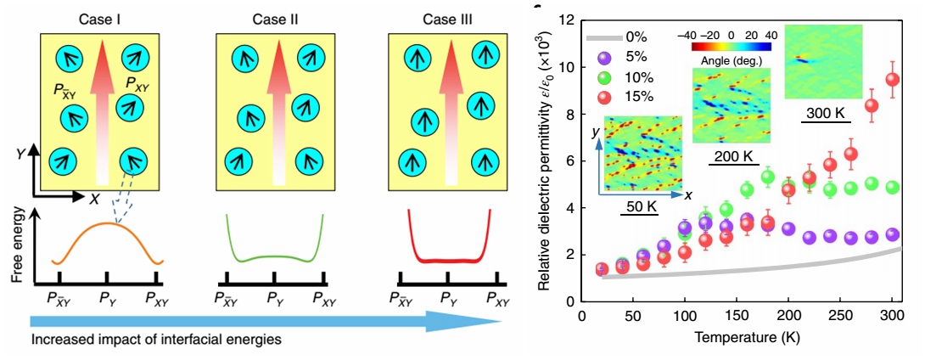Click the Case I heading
click(x=99, y=18)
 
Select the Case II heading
click(x=273, y=18)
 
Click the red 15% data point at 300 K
click(x=891, y=80)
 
